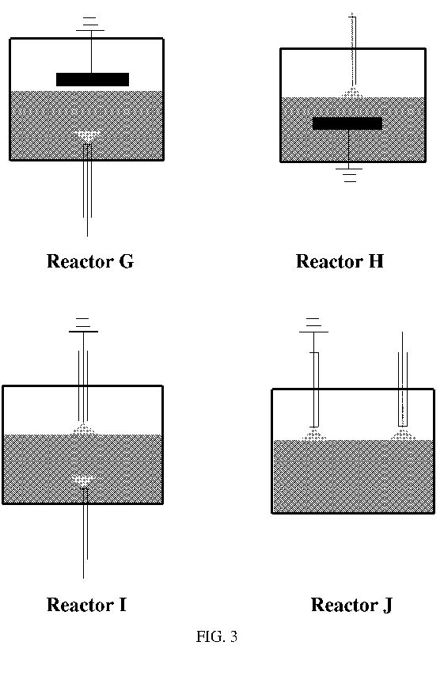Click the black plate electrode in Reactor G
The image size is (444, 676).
coord(93,79)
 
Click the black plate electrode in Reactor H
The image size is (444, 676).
coord(347,123)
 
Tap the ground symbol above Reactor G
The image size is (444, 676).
coord(90,25)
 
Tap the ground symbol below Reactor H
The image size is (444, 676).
coord(349,175)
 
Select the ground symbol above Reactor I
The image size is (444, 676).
coord(83,325)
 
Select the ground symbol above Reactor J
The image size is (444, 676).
coord(313,325)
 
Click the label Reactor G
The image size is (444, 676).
coord(90,261)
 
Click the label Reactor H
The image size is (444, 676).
coord(340,261)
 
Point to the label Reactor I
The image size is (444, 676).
coord(86,605)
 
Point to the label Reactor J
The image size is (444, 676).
coord(351,605)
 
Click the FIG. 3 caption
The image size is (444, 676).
coord(217,636)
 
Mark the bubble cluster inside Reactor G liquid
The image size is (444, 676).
coord(88,136)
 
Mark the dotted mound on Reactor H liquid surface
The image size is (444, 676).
coord(352,93)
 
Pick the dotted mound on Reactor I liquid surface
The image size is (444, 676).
coord(84,429)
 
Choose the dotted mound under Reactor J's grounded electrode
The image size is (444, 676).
coord(314,435)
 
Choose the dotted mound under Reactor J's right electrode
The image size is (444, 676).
coord(403,435)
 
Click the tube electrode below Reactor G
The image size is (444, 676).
coord(88,190)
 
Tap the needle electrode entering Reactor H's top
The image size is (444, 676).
coord(353,50)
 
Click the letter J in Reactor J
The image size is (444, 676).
coord(387,606)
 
